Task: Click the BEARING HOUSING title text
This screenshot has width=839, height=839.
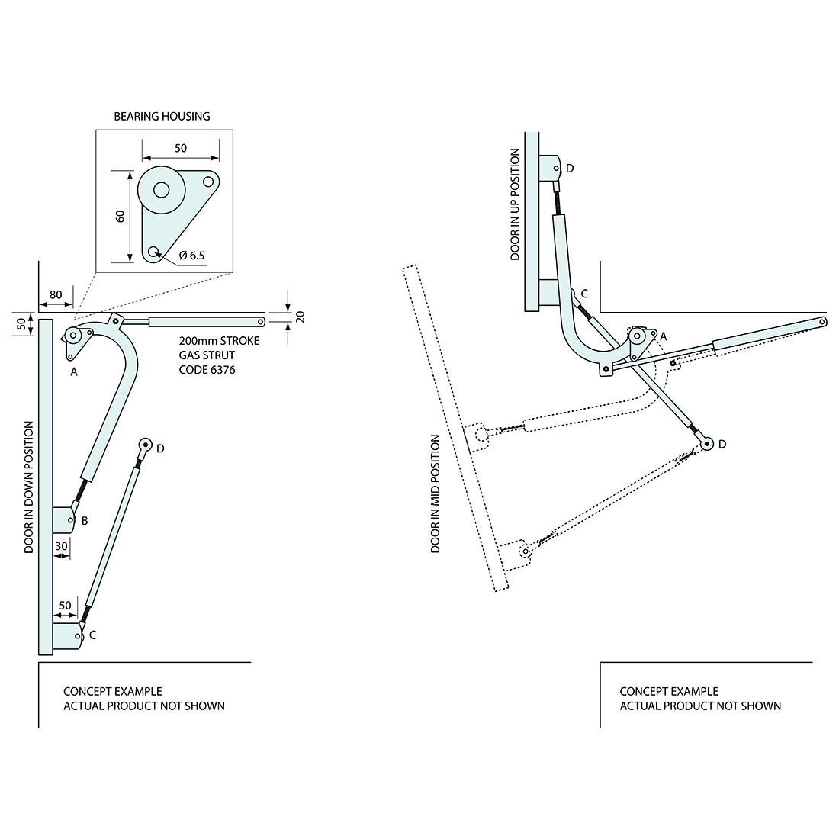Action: [x=162, y=117]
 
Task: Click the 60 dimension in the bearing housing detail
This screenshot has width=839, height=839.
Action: [x=120, y=216]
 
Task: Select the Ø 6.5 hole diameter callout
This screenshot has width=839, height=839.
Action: [x=191, y=256]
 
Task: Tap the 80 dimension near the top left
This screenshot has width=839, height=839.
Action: [x=56, y=294]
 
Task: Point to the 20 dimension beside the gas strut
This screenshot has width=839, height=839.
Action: [x=300, y=316]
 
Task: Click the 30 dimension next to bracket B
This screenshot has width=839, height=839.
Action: [x=61, y=546]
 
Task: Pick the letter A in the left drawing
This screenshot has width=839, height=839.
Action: [x=73, y=371]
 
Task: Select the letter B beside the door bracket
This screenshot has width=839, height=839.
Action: [x=85, y=521]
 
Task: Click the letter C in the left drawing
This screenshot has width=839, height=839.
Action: [x=92, y=635]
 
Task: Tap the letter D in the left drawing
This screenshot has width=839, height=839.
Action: [x=160, y=448]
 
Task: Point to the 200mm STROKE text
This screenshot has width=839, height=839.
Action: [x=219, y=341]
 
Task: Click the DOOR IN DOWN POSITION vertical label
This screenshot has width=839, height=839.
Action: [x=29, y=487]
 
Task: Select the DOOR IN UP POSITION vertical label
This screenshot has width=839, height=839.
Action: [x=515, y=204]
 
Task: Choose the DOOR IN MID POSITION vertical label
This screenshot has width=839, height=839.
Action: [x=436, y=493]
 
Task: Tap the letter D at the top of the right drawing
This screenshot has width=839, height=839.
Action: [x=569, y=168]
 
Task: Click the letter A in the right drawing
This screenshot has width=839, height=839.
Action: [x=663, y=336]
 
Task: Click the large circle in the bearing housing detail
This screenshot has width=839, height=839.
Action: [x=161, y=189]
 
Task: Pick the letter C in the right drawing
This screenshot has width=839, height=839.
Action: [x=583, y=294]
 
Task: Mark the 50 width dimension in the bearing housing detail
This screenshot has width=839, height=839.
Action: [x=180, y=148]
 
